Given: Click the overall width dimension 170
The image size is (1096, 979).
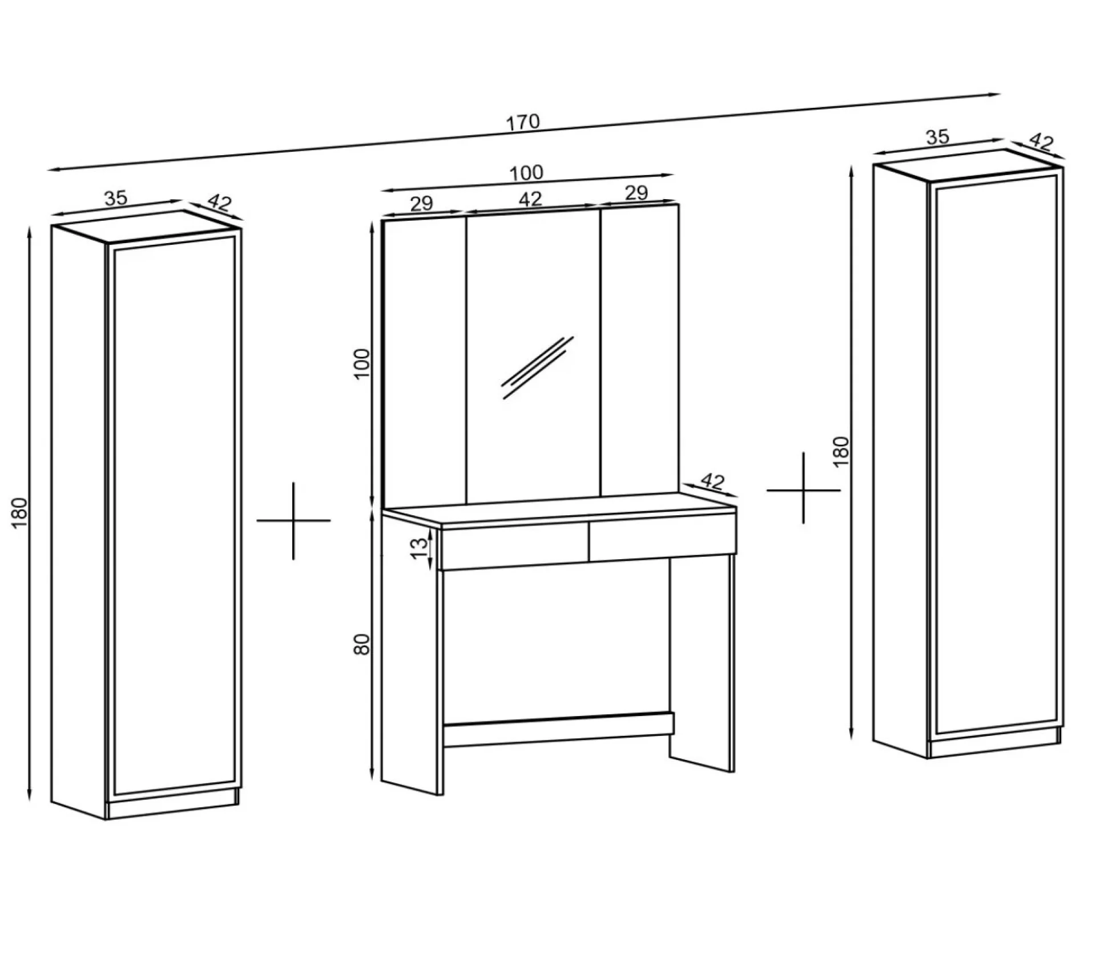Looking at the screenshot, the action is (x=522, y=122).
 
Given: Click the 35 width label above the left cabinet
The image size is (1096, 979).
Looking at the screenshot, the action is (x=116, y=199).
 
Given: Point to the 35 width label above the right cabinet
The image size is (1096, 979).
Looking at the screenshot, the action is (x=937, y=137).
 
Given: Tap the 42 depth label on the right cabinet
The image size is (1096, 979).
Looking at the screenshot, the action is (x=1041, y=141).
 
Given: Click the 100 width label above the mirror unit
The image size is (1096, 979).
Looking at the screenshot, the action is (x=526, y=173).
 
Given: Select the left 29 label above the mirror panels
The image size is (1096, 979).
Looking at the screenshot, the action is (x=422, y=204).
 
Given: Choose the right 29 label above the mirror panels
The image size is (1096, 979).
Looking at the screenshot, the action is (x=636, y=193).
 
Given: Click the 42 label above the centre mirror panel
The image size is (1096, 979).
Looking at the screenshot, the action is (x=530, y=199).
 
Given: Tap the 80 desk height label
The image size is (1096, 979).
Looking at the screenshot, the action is (x=362, y=644).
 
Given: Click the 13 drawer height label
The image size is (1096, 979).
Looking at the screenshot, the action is (x=420, y=548).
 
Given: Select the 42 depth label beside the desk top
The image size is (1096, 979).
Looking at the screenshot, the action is (x=712, y=482).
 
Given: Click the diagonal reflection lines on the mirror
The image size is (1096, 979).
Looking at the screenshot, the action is (x=537, y=367).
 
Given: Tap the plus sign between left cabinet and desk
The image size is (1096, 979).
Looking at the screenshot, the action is (x=293, y=520).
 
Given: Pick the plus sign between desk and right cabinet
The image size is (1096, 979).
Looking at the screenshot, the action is (x=803, y=489).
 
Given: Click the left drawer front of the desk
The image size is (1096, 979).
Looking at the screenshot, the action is (x=514, y=548).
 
